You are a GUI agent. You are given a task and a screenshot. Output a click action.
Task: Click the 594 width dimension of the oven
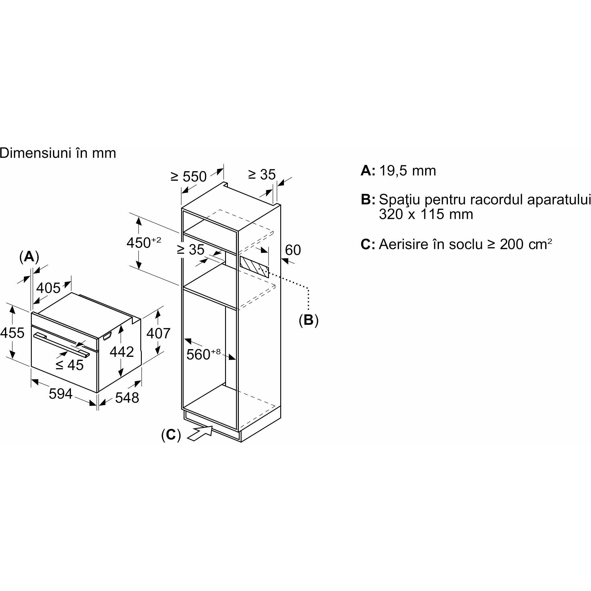click(60, 394)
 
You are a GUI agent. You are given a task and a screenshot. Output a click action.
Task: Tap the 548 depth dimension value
click(127, 397)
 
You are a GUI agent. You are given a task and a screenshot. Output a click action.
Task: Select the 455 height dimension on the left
click(12, 333)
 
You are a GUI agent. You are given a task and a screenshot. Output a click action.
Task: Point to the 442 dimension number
click(122, 352)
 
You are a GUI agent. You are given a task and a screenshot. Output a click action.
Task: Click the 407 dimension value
click(158, 333)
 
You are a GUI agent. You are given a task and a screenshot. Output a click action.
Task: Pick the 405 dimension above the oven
click(48, 288)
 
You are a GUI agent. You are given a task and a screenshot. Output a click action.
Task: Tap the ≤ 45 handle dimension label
click(70, 365)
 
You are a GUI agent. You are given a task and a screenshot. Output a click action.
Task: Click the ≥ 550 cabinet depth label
click(189, 176)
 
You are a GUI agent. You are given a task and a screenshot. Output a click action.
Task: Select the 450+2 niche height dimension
click(144, 243)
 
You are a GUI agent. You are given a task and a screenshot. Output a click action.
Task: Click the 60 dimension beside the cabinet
click(293, 250)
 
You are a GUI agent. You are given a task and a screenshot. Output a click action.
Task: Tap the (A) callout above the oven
click(29, 257)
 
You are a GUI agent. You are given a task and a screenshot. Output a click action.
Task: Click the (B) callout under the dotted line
click(309, 320)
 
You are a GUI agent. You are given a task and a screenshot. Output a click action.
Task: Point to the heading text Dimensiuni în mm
click(58, 153)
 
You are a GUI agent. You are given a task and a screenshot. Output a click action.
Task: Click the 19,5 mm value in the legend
click(407, 171)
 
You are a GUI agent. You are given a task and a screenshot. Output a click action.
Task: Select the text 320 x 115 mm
click(426, 214)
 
